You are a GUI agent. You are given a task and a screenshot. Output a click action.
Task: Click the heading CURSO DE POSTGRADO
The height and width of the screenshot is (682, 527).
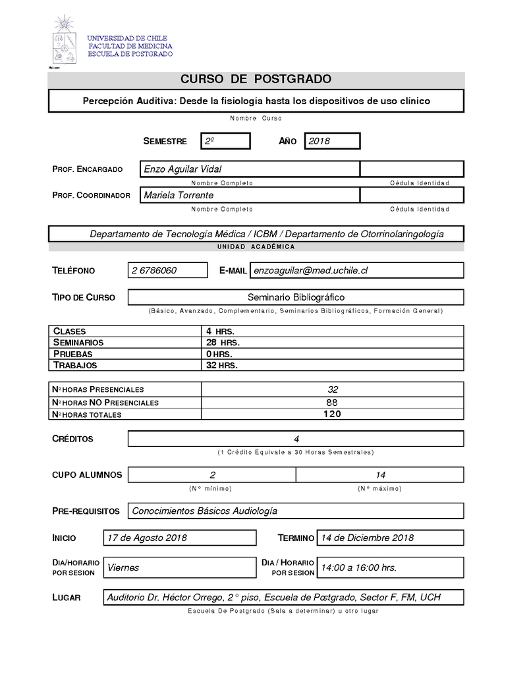click(256, 80)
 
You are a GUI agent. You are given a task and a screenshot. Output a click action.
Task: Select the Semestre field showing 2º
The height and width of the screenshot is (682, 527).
click(226, 141)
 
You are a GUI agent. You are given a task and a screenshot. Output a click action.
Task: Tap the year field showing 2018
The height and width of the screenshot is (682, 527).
click(332, 141)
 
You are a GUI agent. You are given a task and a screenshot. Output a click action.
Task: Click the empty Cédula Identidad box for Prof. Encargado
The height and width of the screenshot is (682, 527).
click(412, 169)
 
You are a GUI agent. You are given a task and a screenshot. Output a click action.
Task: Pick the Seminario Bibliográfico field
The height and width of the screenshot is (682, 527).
click(296, 297)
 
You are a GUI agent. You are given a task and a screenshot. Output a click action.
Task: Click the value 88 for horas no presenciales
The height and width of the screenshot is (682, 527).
click(333, 402)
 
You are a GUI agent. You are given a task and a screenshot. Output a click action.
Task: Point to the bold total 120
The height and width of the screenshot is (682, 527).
click(333, 414)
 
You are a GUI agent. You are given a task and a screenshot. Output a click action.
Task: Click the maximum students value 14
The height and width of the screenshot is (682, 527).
click(380, 474)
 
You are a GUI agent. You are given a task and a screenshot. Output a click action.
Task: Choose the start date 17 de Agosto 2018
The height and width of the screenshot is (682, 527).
click(147, 538)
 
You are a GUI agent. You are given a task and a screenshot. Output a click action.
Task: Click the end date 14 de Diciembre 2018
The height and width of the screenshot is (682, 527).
click(366, 538)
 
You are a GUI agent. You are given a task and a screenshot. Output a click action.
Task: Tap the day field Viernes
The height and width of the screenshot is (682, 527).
click(123, 567)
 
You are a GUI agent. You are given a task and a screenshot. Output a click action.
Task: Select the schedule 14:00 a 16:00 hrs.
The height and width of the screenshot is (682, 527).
click(358, 567)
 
